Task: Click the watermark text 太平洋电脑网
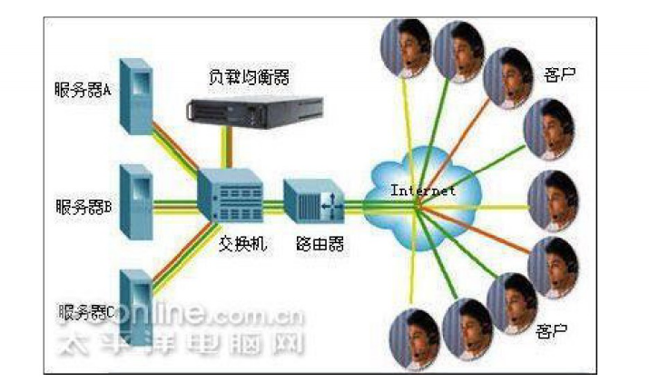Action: (x=181, y=343)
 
